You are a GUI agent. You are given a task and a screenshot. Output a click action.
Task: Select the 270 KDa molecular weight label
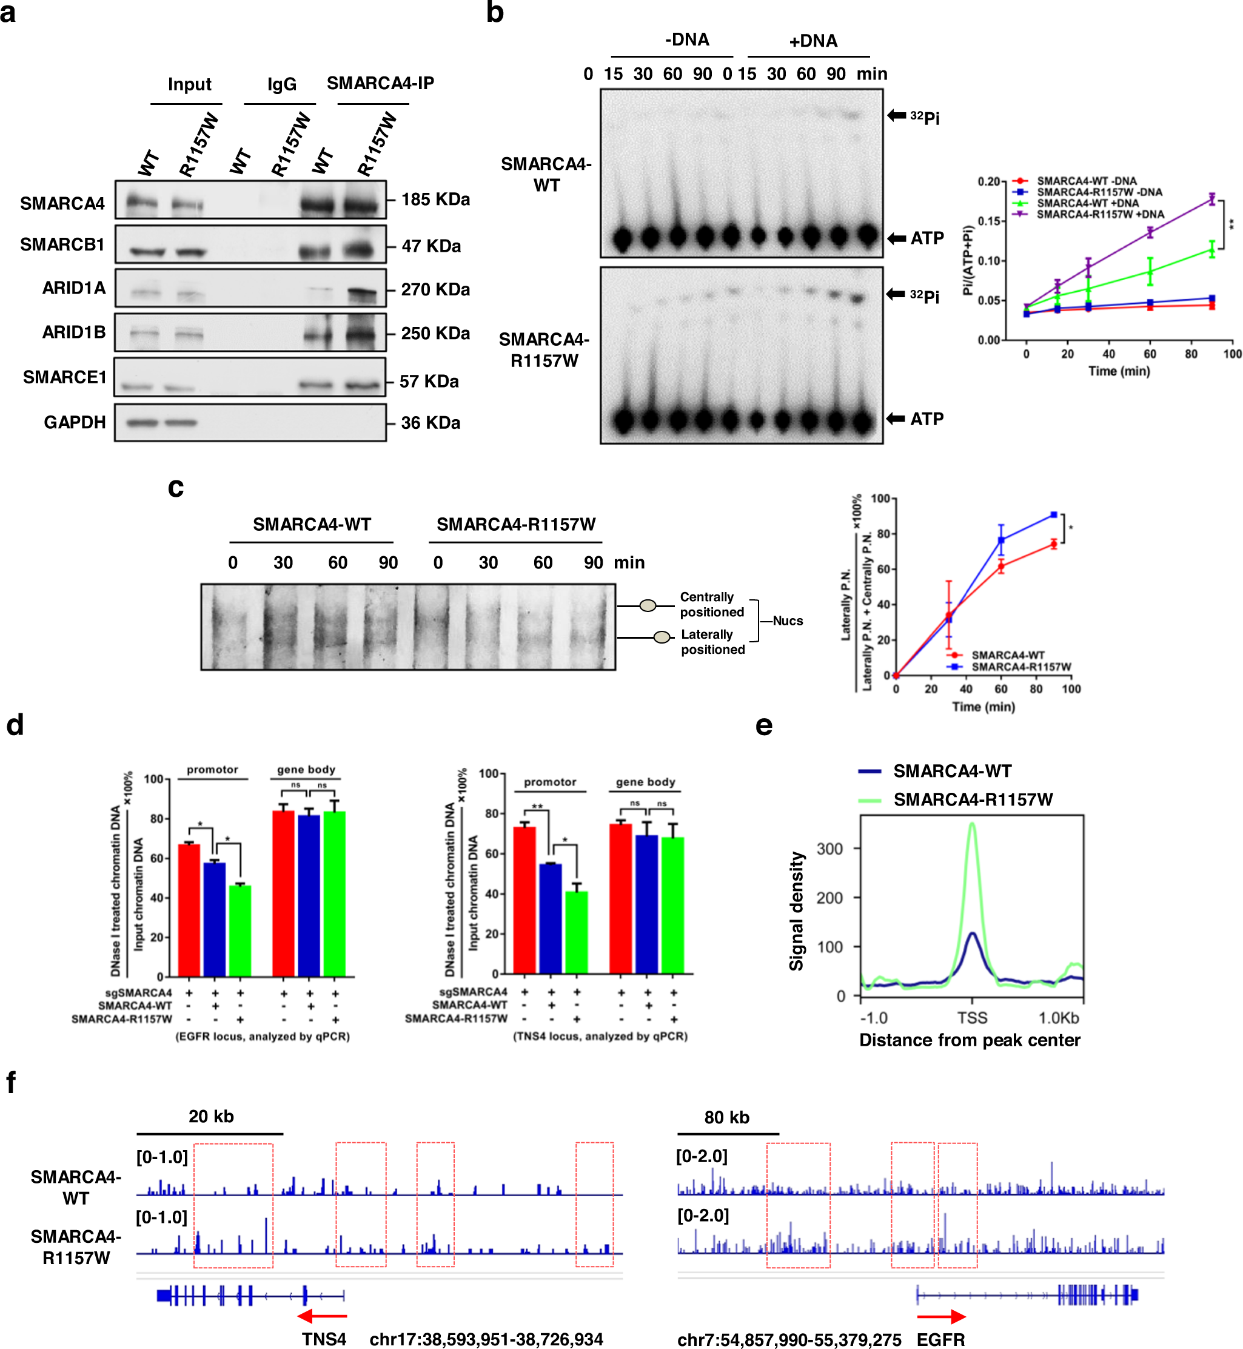pos(435,289)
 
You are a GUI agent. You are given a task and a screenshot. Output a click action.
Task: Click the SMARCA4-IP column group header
pos(380,84)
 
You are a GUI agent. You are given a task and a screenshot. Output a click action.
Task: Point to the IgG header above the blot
pos(281,84)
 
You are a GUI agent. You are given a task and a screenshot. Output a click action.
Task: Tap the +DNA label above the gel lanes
pos(812,41)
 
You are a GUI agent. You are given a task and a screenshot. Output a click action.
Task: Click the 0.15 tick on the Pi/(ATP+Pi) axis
pos(989,221)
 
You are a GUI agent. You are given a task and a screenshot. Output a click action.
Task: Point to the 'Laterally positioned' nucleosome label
pos(712,641)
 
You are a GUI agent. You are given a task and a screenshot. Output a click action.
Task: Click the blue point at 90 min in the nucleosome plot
pos(1053,515)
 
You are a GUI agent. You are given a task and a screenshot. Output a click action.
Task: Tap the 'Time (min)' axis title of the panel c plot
pos(983,707)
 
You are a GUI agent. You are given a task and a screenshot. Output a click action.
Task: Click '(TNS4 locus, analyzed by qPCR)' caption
pos(600,1036)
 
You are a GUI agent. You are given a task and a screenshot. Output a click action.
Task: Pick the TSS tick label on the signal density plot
pos(971,1017)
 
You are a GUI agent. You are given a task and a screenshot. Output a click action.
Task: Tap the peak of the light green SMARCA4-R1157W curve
pos(971,824)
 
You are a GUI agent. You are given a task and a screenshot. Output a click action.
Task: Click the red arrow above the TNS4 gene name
pos(322,1316)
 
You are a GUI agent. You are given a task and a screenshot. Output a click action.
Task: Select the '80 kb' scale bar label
pos(726,1117)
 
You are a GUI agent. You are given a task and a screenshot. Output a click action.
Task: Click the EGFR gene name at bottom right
pos(940,1339)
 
